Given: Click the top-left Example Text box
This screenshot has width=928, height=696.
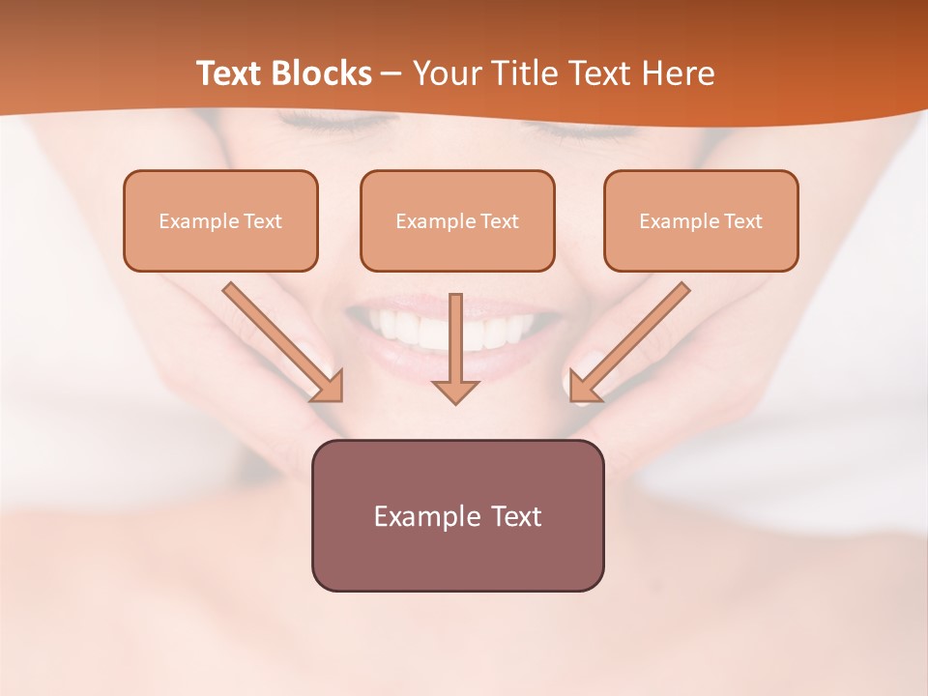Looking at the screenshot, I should click(220, 220).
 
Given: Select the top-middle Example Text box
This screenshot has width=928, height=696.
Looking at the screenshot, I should click(457, 220).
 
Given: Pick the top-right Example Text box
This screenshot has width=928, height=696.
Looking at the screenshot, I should click(701, 220).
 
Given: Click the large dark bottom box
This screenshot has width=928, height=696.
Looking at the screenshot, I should click(457, 515).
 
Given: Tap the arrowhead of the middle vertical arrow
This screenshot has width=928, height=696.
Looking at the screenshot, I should click(456, 391).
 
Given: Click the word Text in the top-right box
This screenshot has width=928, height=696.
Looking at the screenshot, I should click(743, 221).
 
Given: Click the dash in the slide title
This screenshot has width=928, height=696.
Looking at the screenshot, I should click(391, 74).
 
